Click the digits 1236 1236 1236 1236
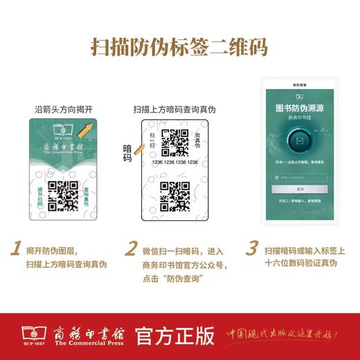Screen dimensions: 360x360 tap(175, 162)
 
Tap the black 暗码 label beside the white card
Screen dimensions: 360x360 tap(128, 153)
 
